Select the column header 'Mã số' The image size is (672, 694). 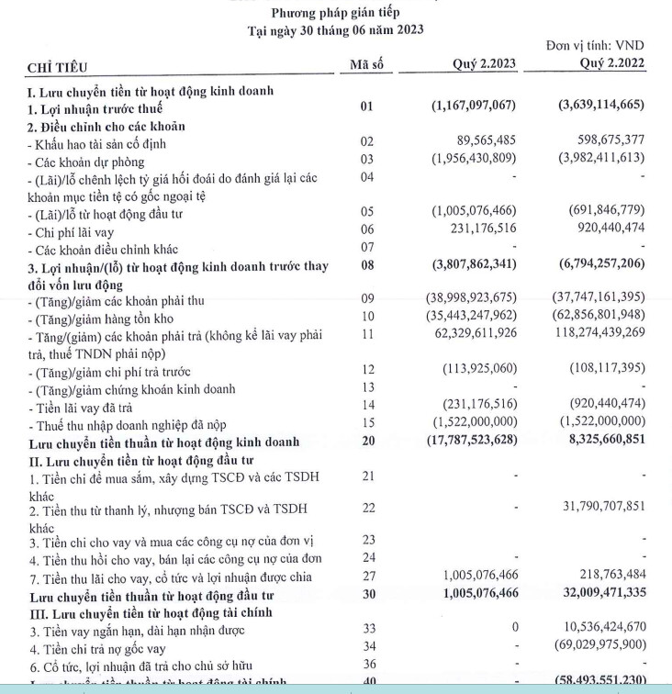[x=367, y=63]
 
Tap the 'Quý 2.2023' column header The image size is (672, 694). [x=485, y=63]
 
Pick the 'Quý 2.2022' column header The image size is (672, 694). [x=612, y=63]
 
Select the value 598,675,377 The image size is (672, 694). [x=604, y=142]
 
